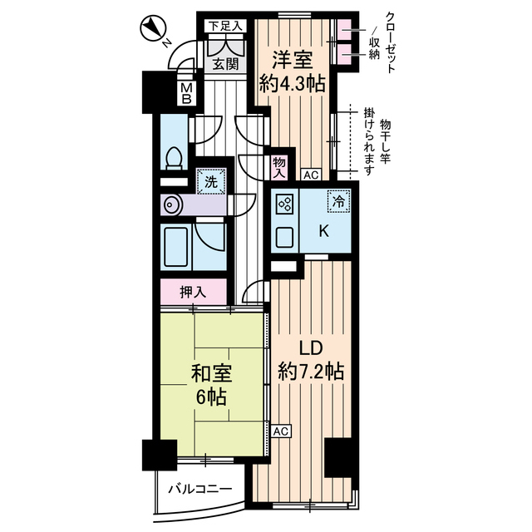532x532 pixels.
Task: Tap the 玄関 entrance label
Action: click(x=223, y=63)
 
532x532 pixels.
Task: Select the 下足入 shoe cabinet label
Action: click(x=224, y=26)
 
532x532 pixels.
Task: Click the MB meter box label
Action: click(x=187, y=91)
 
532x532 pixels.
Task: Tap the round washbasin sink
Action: click(x=171, y=204)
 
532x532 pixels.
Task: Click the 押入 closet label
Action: click(x=193, y=293)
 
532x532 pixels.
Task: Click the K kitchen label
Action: click(x=324, y=234)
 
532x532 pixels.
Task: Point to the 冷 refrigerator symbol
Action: click(x=337, y=199)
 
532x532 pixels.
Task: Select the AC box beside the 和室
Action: click(x=280, y=431)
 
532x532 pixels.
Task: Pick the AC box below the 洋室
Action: click(x=311, y=175)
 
